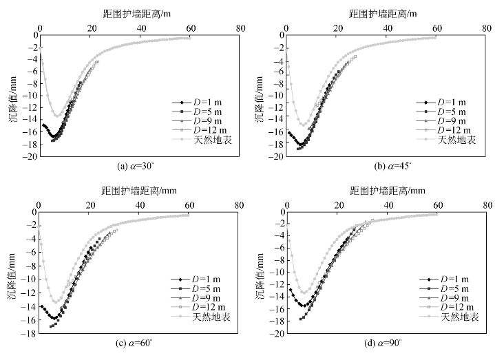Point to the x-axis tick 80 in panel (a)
(x=240, y=29)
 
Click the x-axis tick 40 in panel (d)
(x=388, y=205)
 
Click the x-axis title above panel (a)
(x=139, y=13)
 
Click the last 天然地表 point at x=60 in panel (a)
(x=189, y=39)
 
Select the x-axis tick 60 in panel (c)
(x=189, y=205)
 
